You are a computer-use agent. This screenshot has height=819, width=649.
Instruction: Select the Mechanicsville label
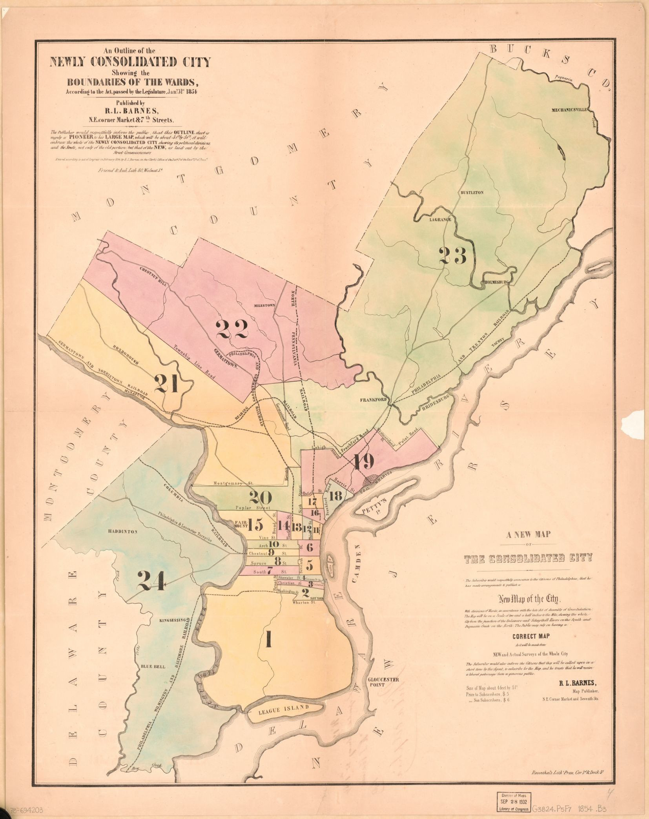[x=569, y=110]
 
